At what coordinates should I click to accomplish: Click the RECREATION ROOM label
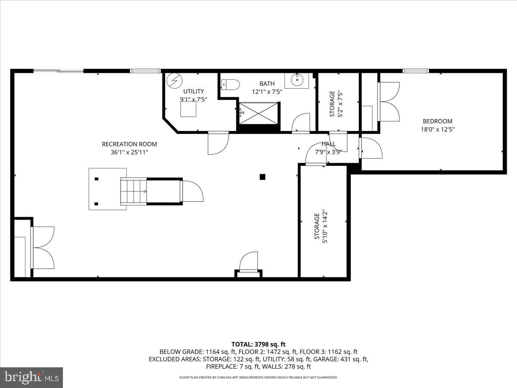(129, 144)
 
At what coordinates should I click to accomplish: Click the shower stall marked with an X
(259, 113)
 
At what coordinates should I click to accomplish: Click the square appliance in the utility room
(188, 110)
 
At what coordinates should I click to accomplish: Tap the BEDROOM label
(437, 121)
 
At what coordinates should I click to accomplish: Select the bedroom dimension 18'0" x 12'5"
(437, 129)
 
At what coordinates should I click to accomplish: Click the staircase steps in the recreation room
(134, 191)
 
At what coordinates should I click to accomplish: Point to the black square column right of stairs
(262, 176)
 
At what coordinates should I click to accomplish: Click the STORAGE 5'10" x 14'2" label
(321, 228)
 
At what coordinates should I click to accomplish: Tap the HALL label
(328, 144)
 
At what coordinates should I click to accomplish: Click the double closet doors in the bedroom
(389, 102)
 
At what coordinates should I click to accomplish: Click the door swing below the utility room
(218, 144)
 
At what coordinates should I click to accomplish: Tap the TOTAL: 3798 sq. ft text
(258, 344)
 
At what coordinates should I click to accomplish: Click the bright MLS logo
(31, 377)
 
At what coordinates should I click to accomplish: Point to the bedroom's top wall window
(415, 71)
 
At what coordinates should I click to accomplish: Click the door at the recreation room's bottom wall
(249, 263)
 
